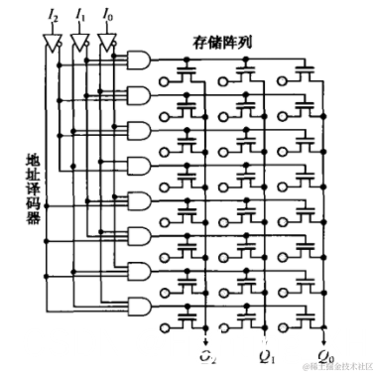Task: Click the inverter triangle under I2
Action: click(x=53, y=43)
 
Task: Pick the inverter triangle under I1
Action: click(x=80, y=43)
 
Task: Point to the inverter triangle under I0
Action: click(x=107, y=43)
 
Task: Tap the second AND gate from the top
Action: click(x=139, y=95)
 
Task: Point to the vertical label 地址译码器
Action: click(x=33, y=188)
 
